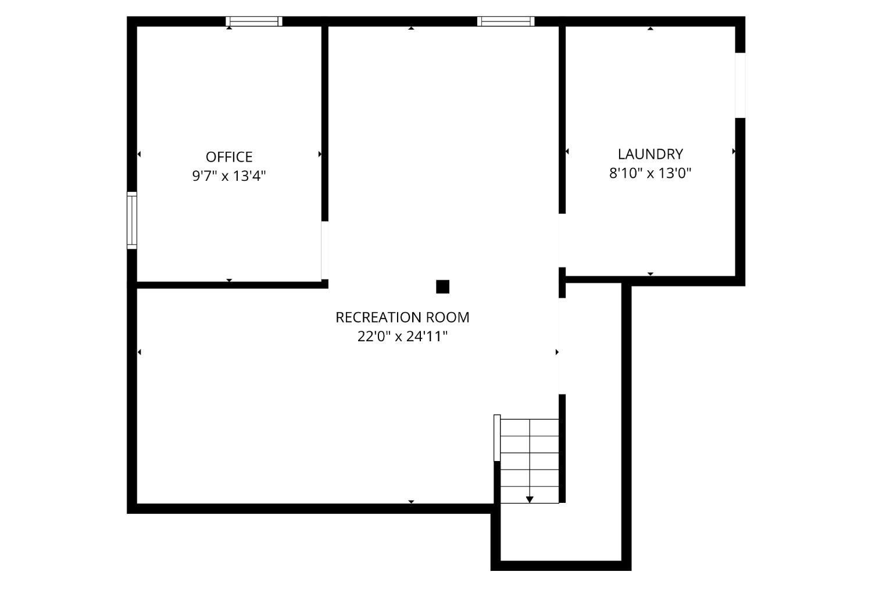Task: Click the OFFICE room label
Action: (229, 157)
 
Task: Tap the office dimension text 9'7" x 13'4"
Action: (229, 176)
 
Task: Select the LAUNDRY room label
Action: (651, 154)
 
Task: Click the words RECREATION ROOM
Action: (402, 317)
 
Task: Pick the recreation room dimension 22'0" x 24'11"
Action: (402, 336)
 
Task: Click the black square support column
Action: (442, 287)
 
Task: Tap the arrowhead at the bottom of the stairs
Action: (530, 499)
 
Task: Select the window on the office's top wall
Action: (254, 22)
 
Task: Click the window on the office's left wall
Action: (132, 220)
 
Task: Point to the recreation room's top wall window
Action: (506, 22)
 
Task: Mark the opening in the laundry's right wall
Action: (740, 85)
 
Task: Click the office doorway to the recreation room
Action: (324, 250)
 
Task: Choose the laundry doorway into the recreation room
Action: (562, 240)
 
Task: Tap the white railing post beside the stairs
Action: (497, 438)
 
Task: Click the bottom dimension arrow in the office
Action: (229, 280)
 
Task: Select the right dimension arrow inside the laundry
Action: (734, 151)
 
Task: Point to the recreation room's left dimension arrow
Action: (139, 352)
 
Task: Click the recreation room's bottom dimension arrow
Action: (411, 502)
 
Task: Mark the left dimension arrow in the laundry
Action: (567, 151)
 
